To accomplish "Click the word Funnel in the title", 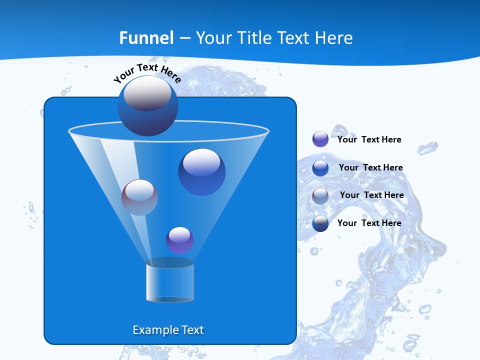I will point(146,38).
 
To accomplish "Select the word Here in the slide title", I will point(334,38).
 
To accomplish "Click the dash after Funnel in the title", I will point(184,38).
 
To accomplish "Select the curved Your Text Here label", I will point(147,72).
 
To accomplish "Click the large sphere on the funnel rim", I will point(147,106).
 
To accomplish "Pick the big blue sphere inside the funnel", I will point(201,171).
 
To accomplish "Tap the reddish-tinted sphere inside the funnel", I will point(139,197).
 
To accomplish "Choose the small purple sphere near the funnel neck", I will point(179,240).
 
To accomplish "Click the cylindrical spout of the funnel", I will point(169,282).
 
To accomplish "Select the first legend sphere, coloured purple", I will point(320,139).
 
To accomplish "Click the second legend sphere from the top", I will point(320,167).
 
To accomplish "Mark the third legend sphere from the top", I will point(320,195).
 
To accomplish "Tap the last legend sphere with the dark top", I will point(320,223).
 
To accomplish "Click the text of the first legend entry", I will point(369,139).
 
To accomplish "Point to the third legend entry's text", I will point(371,195).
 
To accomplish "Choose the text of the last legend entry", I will point(369,223).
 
